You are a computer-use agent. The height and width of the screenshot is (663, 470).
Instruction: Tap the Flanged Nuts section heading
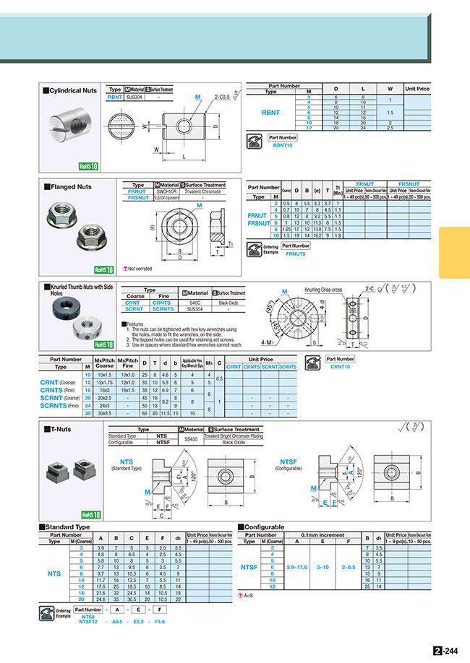pyautogui.click(x=69, y=186)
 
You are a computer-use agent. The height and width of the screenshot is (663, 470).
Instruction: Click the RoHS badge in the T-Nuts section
pyautogui.click(x=89, y=515)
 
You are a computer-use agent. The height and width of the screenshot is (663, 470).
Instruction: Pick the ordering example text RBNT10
pyautogui.click(x=283, y=146)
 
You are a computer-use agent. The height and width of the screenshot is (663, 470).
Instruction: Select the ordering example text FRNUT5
pyautogui.click(x=296, y=254)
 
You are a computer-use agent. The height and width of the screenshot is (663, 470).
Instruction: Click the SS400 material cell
pyautogui.click(x=190, y=439)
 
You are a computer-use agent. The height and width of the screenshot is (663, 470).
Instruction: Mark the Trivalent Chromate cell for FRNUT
pyautogui.click(x=202, y=191)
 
